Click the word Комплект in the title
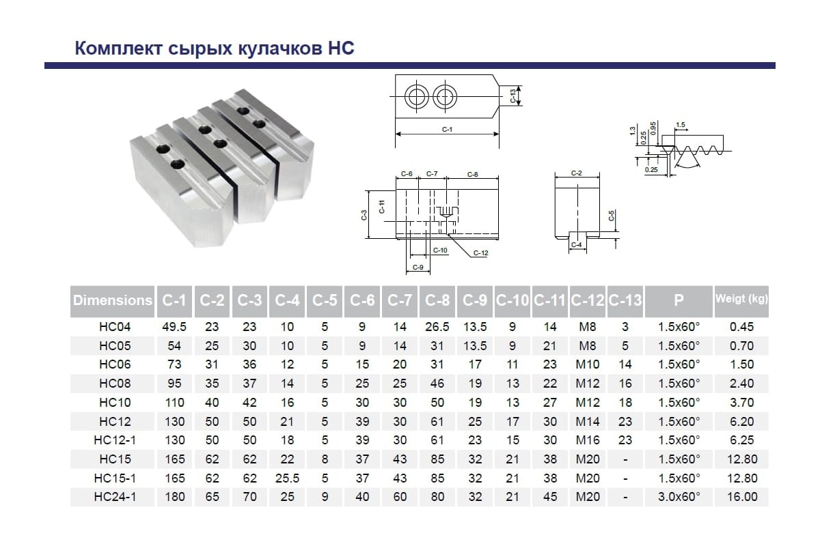click(x=119, y=48)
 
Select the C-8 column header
click(x=437, y=300)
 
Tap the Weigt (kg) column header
click(x=741, y=299)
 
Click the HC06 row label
click(x=115, y=364)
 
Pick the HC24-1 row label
click(x=115, y=497)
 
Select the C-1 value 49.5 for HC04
click(x=174, y=326)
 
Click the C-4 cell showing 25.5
click(x=288, y=478)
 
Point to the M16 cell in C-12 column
click(x=588, y=440)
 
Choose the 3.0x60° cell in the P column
click(x=679, y=497)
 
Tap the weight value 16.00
click(x=742, y=497)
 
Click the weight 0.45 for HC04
click(x=742, y=326)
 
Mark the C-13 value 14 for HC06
click(x=625, y=364)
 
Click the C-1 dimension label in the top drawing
click(x=447, y=129)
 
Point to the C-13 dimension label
click(x=513, y=96)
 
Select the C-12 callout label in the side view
click(x=480, y=253)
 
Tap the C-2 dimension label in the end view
click(x=576, y=173)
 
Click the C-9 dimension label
click(x=418, y=268)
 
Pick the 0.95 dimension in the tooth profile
click(x=653, y=128)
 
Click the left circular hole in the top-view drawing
click(x=417, y=96)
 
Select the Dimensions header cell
click(x=112, y=300)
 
